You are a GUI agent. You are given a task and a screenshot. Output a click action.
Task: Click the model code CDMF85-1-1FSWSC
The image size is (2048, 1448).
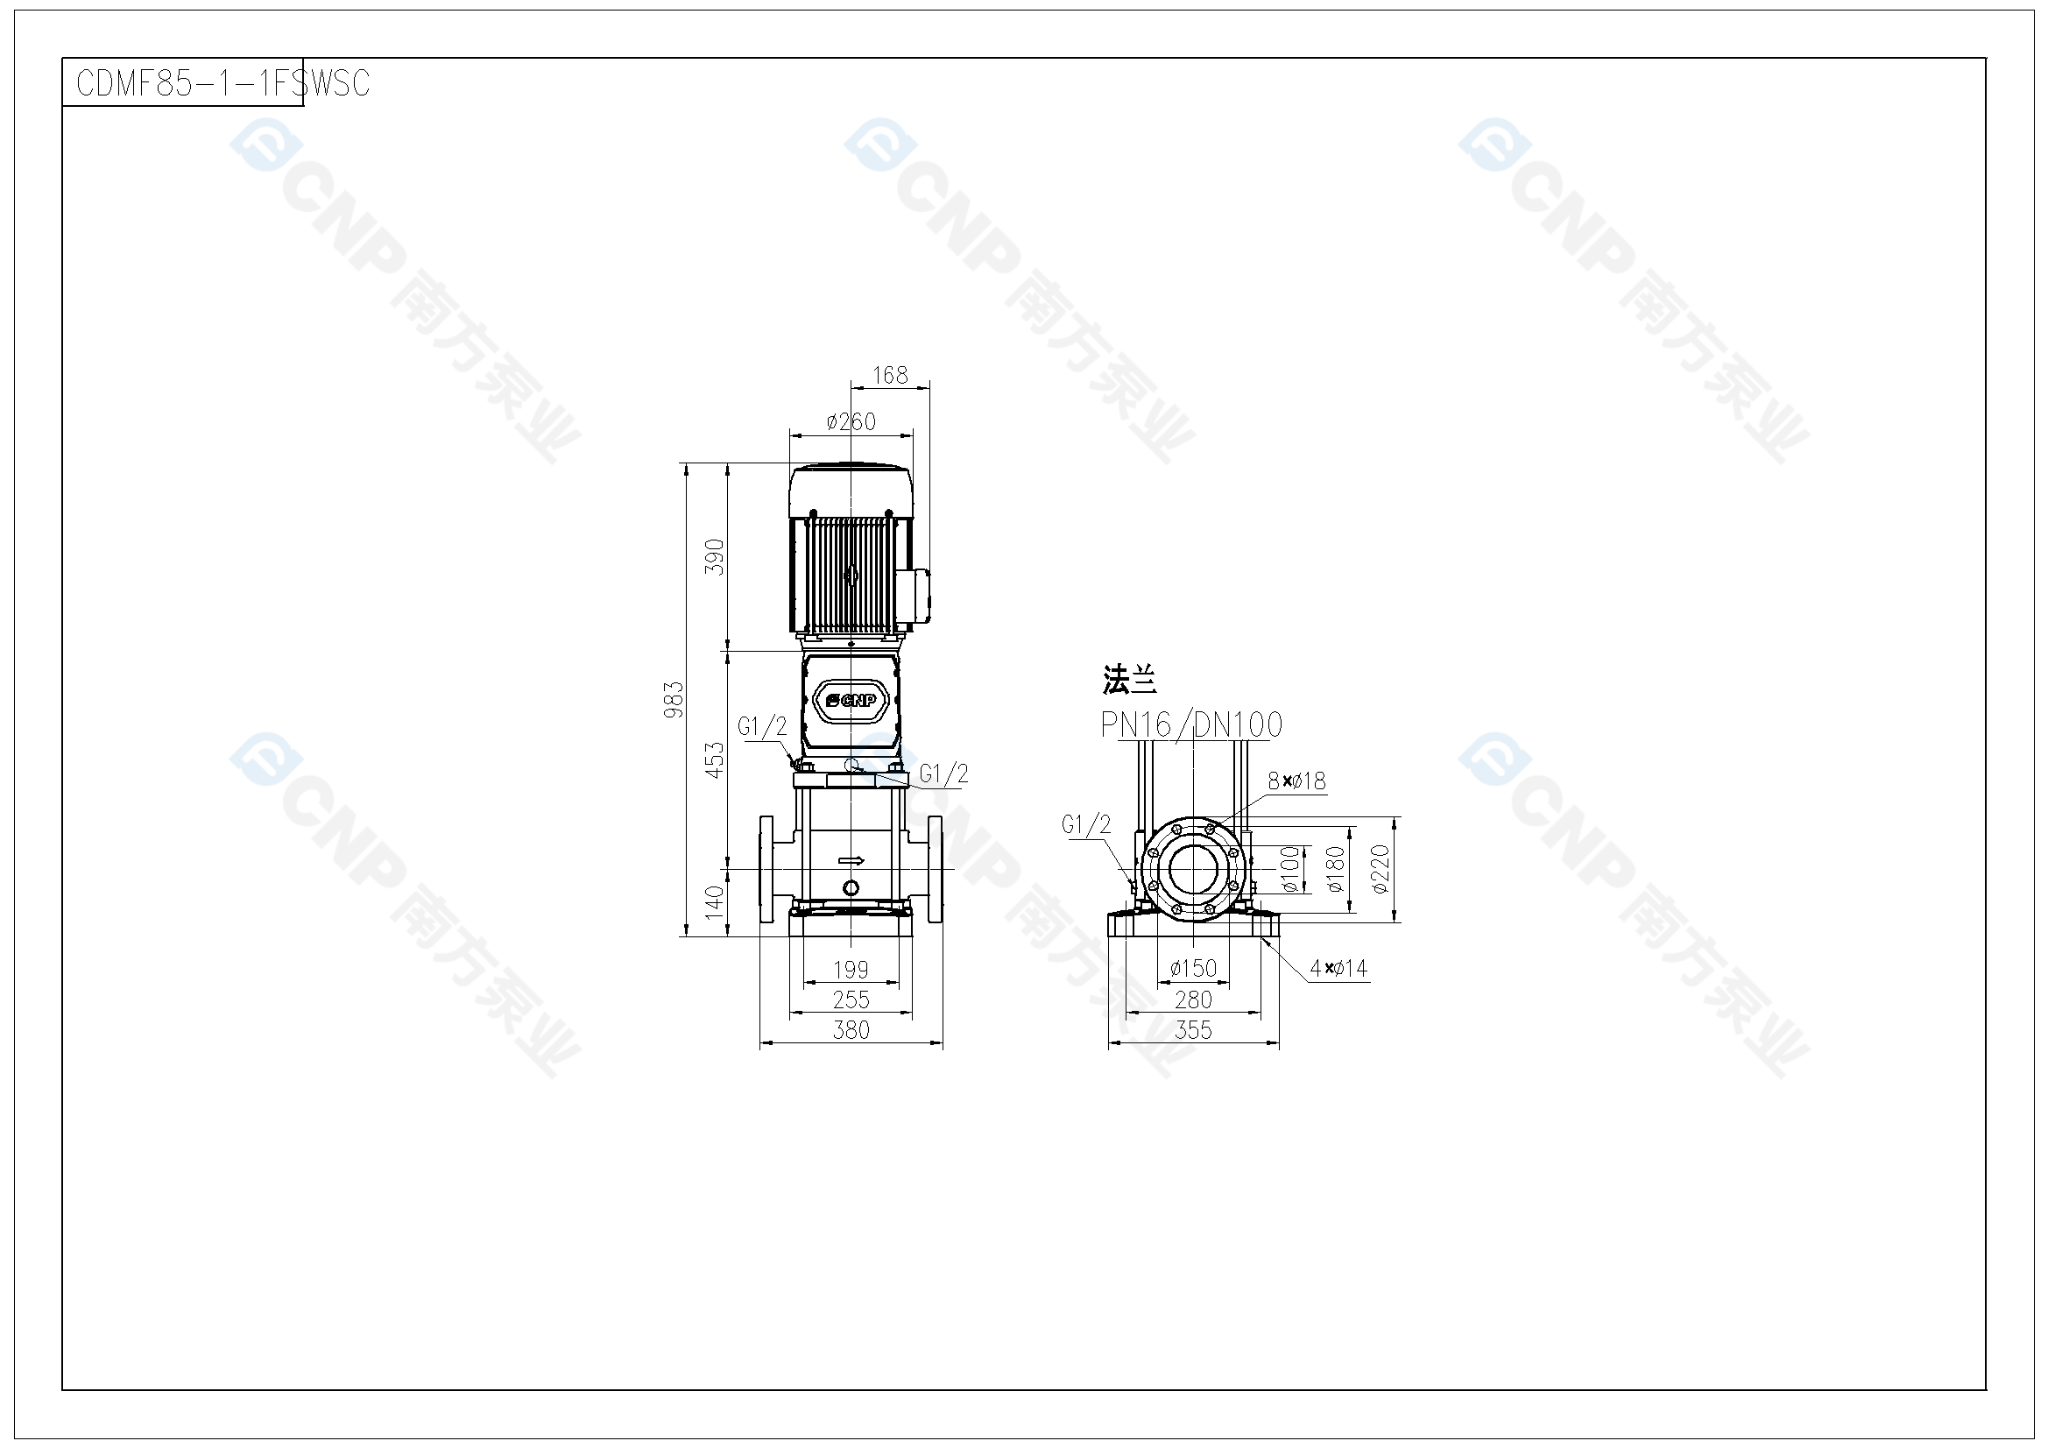pyautogui.click(x=223, y=83)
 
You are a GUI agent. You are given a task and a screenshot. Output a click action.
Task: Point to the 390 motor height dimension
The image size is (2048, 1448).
pyautogui.click(x=715, y=557)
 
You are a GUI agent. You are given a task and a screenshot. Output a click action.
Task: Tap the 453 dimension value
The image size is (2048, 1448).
pyautogui.click(x=715, y=760)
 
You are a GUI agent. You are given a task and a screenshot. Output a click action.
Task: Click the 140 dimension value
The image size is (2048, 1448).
pyautogui.click(x=715, y=902)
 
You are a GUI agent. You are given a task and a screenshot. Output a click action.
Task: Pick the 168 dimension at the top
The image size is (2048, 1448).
pyautogui.click(x=890, y=375)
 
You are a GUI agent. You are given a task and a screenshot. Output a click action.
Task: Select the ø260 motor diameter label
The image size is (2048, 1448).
pyautogui.click(x=851, y=421)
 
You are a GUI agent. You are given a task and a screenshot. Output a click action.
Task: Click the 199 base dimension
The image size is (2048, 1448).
pyautogui.click(x=851, y=969)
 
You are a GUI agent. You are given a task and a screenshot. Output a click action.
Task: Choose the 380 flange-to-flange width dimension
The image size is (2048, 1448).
pyautogui.click(x=851, y=1029)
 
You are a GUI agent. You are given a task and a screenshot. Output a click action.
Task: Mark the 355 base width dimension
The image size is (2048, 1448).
pyautogui.click(x=1193, y=1029)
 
